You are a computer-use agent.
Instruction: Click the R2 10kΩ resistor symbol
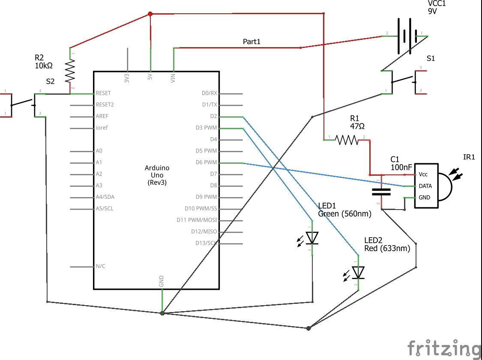[x=70, y=71]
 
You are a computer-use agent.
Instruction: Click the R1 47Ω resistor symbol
[x=346, y=140]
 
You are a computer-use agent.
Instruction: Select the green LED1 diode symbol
[x=312, y=237]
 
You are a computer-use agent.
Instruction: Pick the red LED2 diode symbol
[x=358, y=272]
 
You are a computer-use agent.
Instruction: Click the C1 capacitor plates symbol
[x=381, y=191]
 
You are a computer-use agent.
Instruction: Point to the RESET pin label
[x=104, y=93]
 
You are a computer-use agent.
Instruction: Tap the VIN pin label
[x=173, y=78]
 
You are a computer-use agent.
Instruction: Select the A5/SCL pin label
[x=105, y=209]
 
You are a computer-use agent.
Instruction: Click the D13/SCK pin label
[x=206, y=243]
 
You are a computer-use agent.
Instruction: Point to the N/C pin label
[x=100, y=266]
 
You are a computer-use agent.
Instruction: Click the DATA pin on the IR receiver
[x=425, y=186]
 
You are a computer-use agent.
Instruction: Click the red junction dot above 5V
[x=150, y=14]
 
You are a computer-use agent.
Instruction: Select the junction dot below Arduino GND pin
[x=162, y=313]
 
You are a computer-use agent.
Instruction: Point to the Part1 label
[x=251, y=42]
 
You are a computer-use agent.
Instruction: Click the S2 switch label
[x=50, y=81]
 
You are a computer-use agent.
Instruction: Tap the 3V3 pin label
[x=127, y=78]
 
